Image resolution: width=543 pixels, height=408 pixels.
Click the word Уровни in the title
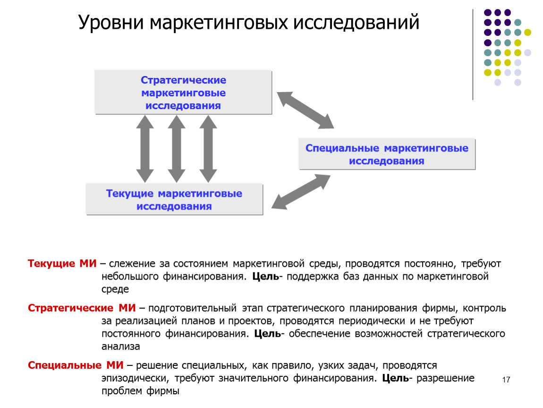point(110,23)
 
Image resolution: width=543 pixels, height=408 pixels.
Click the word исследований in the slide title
point(356,23)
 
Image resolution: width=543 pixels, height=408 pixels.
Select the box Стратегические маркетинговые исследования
point(183,92)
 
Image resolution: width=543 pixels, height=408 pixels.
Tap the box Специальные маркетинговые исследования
point(387,154)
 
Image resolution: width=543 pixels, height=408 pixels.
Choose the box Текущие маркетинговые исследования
point(174,199)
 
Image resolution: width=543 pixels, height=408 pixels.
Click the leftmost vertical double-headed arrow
point(145,149)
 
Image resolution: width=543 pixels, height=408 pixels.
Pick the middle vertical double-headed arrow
point(177,149)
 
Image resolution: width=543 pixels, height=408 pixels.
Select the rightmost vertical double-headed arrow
point(208,149)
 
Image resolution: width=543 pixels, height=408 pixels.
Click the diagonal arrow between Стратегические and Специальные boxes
point(305,110)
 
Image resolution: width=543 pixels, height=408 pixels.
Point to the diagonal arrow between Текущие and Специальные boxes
point(301,192)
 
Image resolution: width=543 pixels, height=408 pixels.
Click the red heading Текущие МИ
point(62,263)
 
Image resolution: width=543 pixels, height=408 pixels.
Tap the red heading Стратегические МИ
point(82,308)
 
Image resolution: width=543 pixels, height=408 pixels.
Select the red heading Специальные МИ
point(76,365)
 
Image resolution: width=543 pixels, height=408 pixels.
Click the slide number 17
point(506,380)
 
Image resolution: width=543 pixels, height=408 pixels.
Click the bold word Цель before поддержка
point(265,276)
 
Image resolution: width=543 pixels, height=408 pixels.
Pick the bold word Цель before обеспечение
point(268,333)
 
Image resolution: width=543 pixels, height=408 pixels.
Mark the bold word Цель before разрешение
point(396,378)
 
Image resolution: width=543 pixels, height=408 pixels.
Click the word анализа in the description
point(120,346)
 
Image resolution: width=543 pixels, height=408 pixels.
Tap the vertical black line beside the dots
point(473,55)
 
